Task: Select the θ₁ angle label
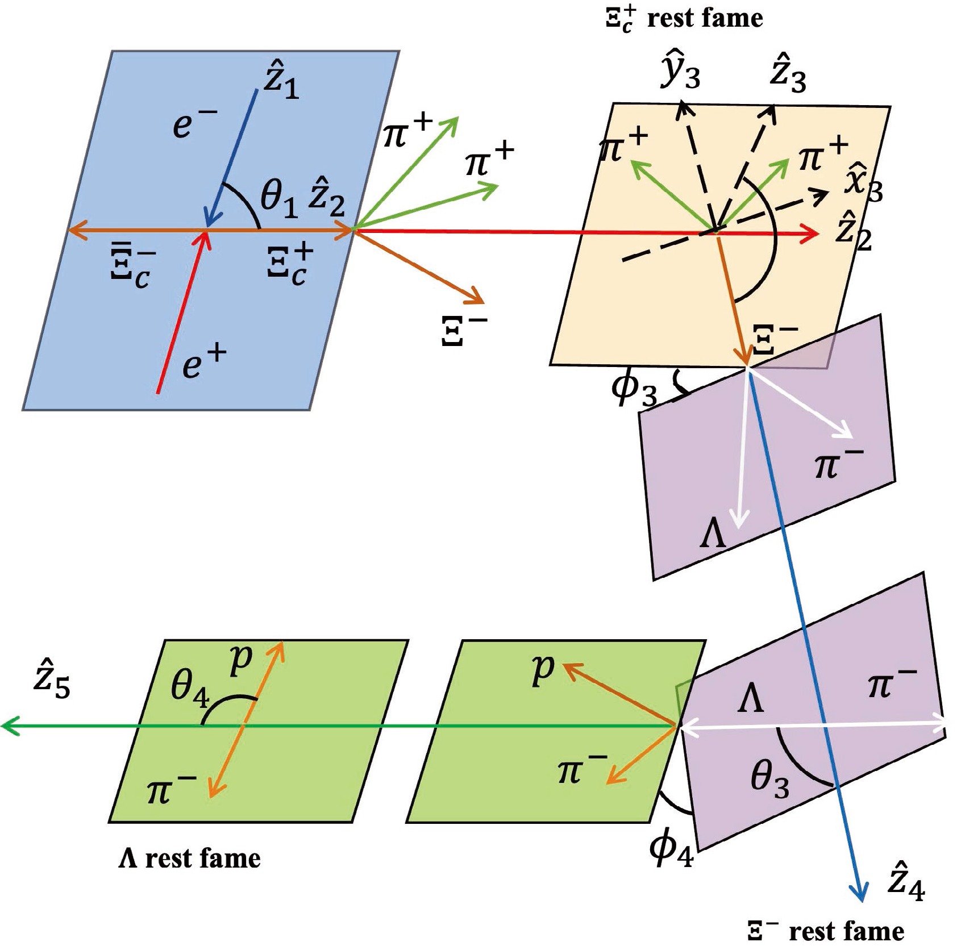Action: pos(278,198)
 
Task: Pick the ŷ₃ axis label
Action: pos(680,70)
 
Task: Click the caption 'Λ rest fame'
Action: pos(189,859)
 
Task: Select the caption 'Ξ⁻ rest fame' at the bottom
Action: pos(825,931)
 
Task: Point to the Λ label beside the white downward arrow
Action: pos(713,535)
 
